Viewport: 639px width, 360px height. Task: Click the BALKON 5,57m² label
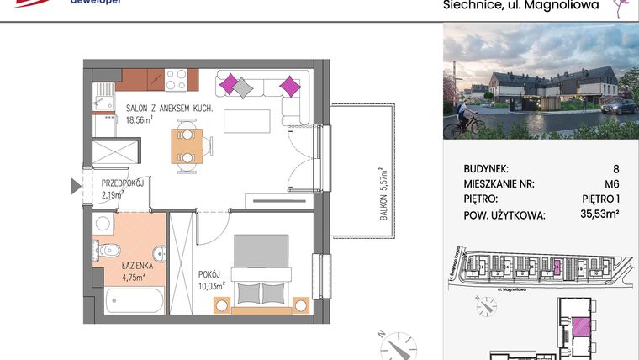[x=383, y=193]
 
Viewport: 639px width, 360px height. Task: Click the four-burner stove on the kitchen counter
[x=176, y=79]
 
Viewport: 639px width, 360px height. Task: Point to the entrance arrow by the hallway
[x=77, y=187]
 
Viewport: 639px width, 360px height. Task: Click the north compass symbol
[x=395, y=344]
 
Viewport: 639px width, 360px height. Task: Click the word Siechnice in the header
[x=473, y=6]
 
